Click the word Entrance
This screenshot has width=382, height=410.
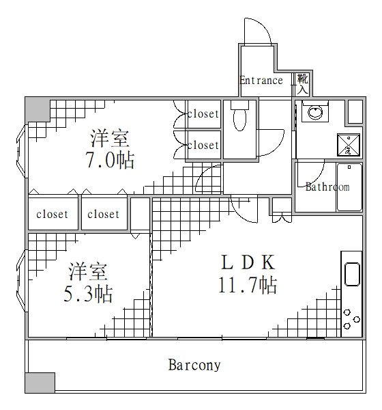(261, 81)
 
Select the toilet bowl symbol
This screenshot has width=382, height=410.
(239, 118)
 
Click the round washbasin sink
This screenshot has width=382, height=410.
(316, 113)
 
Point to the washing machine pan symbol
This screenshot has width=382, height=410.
(344, 144)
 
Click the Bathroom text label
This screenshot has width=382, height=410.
(327, 187)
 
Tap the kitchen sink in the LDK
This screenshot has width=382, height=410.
(352, 274)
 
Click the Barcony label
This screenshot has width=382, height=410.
(194, 365)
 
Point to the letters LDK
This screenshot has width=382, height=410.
(246, 262)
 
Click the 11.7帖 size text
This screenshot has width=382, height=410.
(247, 285)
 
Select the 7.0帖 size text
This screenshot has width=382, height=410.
(111, 161)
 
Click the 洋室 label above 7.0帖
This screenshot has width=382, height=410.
(110, 139)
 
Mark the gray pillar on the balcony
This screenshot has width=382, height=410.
(40, 383)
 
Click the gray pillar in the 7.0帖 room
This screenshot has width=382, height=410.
(38, 109)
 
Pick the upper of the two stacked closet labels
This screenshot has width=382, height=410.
(203, 114)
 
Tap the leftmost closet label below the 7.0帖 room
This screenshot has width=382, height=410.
(53, 214)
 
